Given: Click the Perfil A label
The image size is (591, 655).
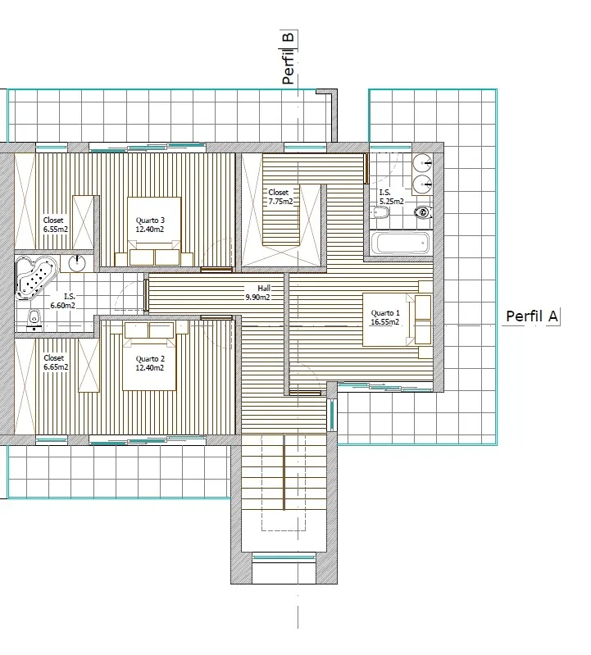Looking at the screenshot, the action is (x=532, y=316).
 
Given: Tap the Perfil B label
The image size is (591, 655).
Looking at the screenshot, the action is (x=289, y=57).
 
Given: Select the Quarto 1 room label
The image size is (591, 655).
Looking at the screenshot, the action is (x=385, y=317).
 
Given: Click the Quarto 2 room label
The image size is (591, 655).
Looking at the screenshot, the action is (x=150, y=363).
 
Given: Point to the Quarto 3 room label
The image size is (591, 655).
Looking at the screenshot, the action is (x=150, y=225).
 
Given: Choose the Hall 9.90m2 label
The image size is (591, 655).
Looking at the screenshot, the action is (x=257, y=293).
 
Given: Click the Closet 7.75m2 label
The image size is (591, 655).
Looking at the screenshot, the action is (x=280, y=197).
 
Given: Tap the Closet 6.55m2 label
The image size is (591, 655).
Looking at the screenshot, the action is (x=55, y=225).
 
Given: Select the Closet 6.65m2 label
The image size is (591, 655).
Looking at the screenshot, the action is (x=56, y=362).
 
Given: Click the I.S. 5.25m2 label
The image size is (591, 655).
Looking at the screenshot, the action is (x=391, y=198).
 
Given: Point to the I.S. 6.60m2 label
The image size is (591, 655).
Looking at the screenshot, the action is (x=62, y=301).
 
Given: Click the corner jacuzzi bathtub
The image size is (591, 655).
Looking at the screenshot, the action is (x=35, y=276).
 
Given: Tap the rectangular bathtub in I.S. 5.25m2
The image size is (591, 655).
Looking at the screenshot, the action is (x=400, y=243).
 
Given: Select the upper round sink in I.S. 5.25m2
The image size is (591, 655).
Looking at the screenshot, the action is (x=422, y=163).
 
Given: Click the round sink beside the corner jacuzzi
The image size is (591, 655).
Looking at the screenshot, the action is (x=77, y=263).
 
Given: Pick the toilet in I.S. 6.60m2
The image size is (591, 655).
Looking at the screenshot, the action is (x=34, y=320).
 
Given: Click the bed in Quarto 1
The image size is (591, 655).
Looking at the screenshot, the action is (x=397, y=320).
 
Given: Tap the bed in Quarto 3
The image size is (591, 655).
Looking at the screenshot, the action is (x=154, y=231).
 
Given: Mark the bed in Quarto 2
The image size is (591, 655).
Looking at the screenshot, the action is (x=149, y=357).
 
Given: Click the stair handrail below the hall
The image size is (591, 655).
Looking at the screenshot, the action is (x=284, y=472).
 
